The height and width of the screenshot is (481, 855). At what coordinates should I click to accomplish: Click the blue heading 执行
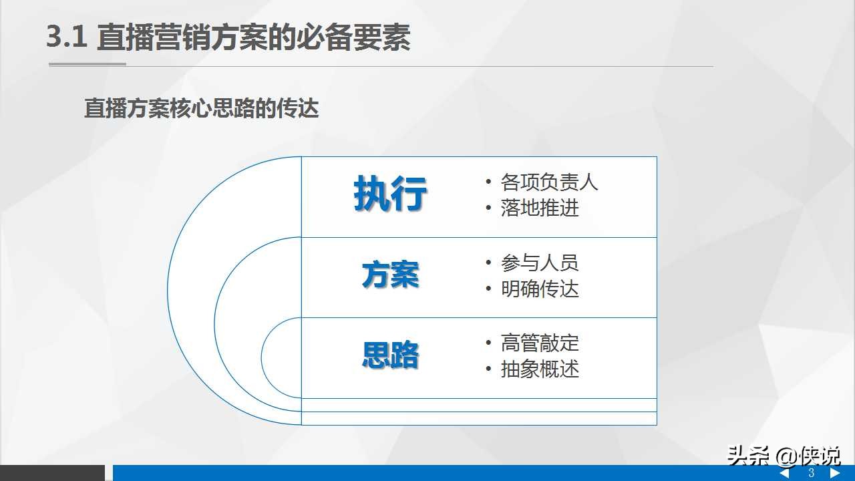(390, 194)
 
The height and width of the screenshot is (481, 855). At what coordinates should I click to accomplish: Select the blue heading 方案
(390, 275)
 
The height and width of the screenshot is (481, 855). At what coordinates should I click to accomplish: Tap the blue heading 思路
(390, 355)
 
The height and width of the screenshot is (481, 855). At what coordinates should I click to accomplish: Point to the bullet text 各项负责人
(549, 182)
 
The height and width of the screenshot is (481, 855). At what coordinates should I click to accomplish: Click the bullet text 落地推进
(540, 208)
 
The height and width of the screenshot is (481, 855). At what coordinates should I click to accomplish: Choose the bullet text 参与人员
(540, 263)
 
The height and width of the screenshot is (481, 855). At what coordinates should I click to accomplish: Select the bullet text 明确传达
(540, 289)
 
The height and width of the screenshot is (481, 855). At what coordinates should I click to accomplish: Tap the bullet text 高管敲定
(540, 343)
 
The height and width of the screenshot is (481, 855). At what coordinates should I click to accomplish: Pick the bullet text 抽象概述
(540, 369)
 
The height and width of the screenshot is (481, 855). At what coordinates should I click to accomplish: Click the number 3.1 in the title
(67, 37)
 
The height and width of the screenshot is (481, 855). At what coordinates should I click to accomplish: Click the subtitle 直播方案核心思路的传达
(202, 108)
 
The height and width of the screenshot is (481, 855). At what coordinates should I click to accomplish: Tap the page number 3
(812, 472)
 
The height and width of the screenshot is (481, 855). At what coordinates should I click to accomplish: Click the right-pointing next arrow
(835, 473)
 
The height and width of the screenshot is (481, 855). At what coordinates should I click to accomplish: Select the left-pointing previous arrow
(784, 473)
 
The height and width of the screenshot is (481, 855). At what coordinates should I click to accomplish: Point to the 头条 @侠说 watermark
(784, 456)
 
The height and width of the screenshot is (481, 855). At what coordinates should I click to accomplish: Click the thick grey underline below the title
(88, 64)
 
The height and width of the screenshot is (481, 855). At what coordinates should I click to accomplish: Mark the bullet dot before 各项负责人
(488, 182)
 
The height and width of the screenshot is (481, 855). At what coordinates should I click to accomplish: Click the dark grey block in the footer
(52, 473)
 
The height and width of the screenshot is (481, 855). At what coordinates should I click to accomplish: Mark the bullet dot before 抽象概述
(488, 369)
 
